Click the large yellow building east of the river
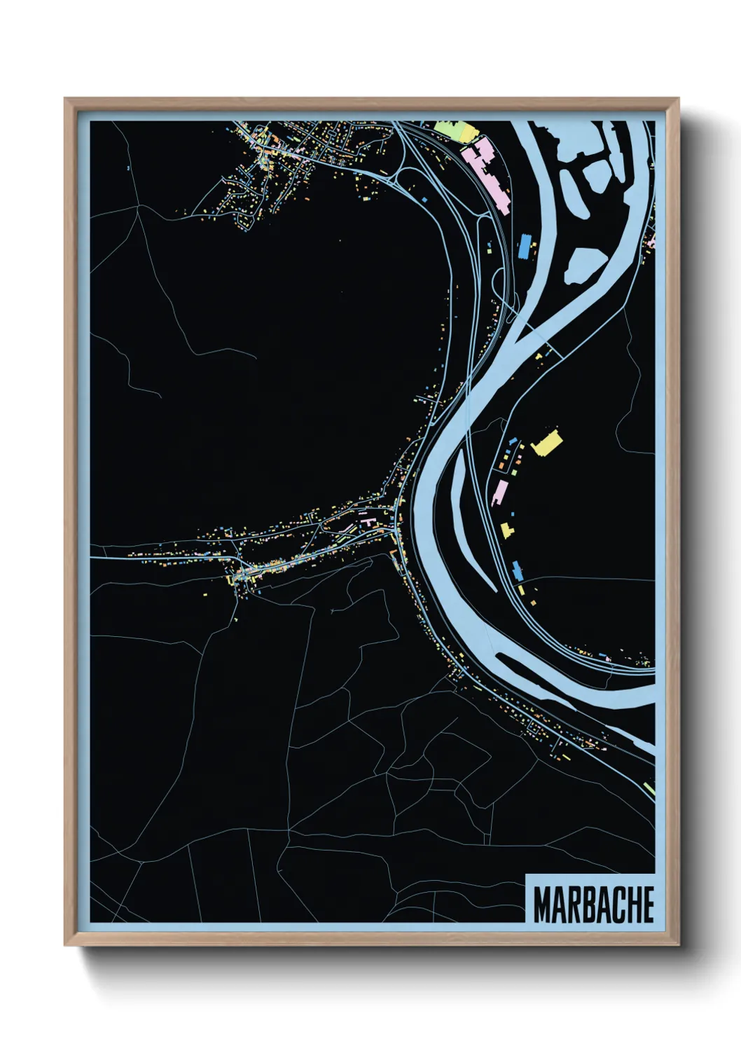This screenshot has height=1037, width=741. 547,443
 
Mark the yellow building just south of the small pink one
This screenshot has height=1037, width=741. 506,529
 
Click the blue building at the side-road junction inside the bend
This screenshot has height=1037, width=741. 517,570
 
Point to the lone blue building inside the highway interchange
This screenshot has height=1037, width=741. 424,200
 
